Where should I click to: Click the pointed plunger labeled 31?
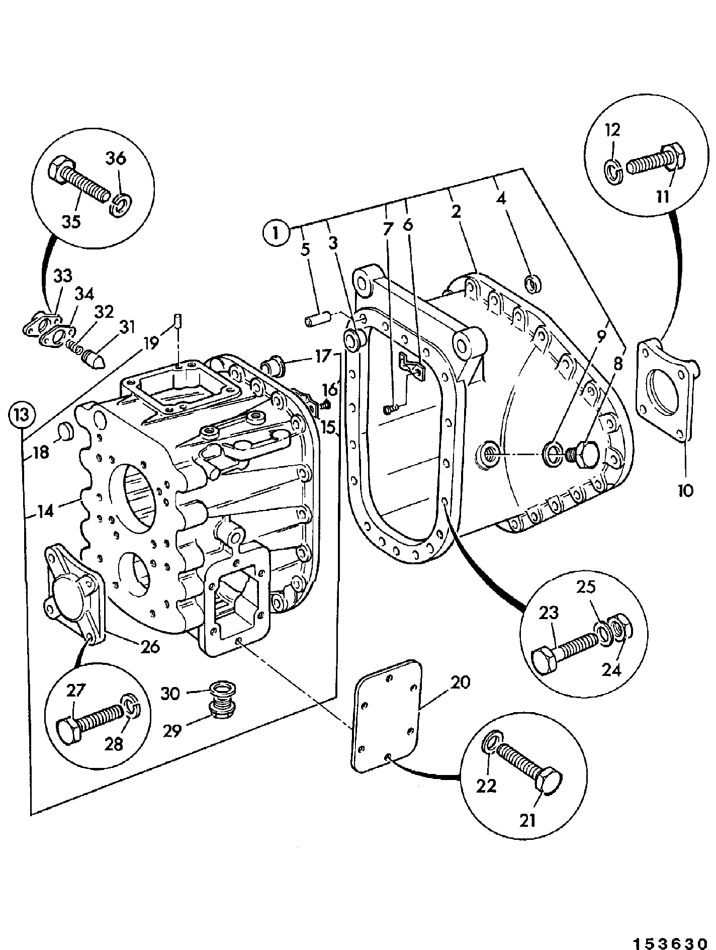tap(93, 357)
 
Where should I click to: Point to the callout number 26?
tap(149, 646)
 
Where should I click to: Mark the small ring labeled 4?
tap(533, 283)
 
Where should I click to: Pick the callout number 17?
tap(324, 357)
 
